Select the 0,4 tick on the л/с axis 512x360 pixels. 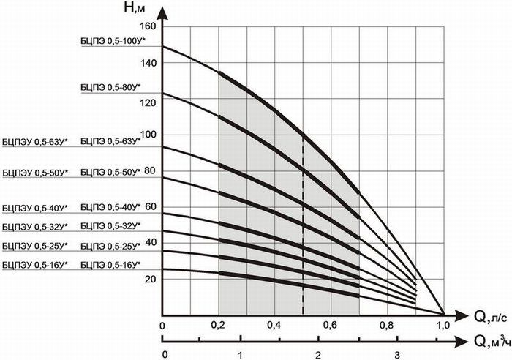274,325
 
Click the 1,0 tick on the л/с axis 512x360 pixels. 443,325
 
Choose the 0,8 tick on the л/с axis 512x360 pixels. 388,325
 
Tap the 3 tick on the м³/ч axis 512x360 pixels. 396,355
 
